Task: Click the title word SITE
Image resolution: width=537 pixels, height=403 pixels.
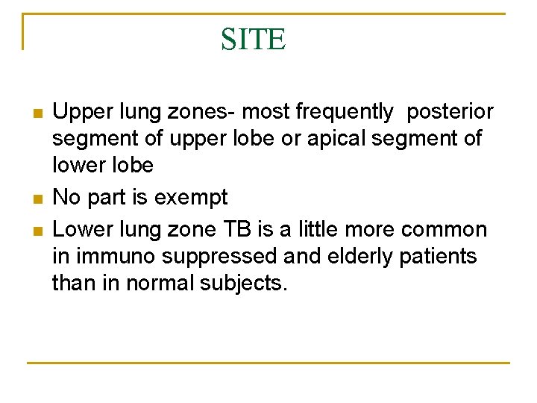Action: click(253, 39)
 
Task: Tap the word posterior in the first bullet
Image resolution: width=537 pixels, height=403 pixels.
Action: click(450, 112)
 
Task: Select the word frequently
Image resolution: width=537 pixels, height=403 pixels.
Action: click(345, 112)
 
